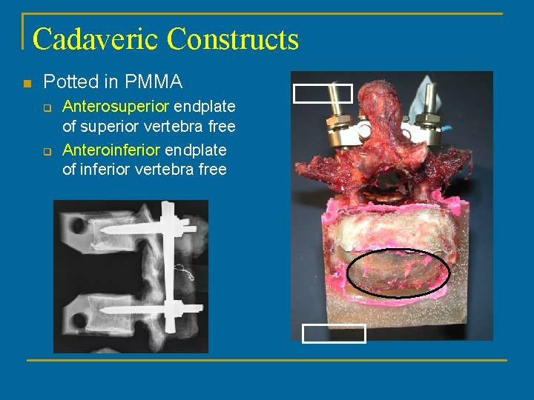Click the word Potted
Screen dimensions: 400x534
point(67,82)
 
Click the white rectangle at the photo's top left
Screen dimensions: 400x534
point(323,93)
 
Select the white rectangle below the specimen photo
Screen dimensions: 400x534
point(334,333)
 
